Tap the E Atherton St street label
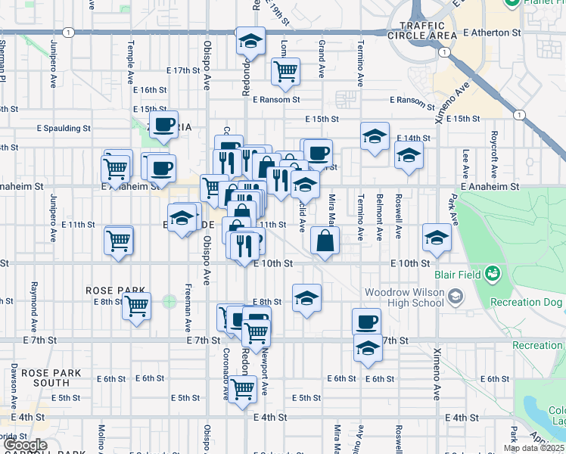[493, 33]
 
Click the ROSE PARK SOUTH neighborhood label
[45, 378]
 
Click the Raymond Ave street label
[34, 299]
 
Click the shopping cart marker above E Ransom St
[285, 71]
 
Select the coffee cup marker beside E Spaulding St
[163, 125]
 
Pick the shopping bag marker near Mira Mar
[325, 241]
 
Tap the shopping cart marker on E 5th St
[243, 389]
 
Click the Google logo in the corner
[24, 446]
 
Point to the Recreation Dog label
[527, 303]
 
